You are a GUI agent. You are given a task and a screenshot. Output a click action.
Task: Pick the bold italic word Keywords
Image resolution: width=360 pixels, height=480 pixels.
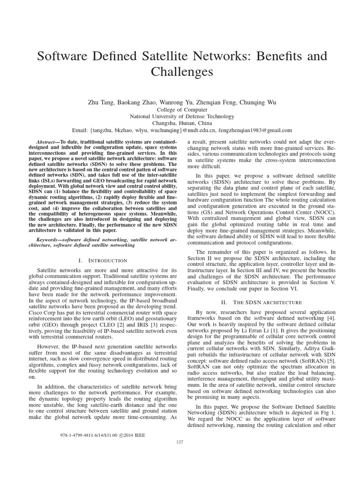[x=50, y=239]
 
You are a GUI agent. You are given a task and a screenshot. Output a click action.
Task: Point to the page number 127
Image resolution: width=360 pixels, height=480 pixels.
[x=180, y=442]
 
